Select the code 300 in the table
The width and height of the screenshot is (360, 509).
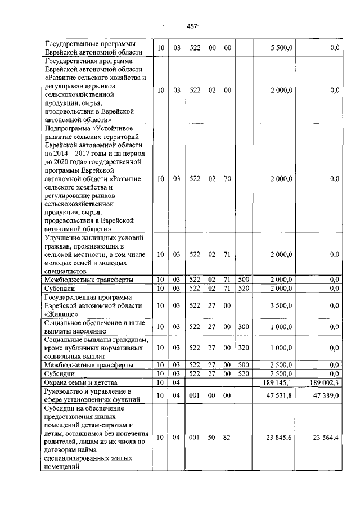pyautogui.click(x=244, y=327)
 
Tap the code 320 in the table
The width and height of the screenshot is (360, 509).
pyautogui.click(x=244, y=348)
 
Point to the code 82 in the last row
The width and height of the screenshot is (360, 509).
pyautogui.click(x=227, y=438)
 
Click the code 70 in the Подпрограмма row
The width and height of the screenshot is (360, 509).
pyautogui.click(x=227, y=179)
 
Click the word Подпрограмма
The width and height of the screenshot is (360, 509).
pyautogui.click(x=65, y=128)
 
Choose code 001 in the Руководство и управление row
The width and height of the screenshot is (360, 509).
pyautogui.click(x=195, y=396)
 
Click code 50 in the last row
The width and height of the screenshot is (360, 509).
pyautogui.click(x=212, y=438)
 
